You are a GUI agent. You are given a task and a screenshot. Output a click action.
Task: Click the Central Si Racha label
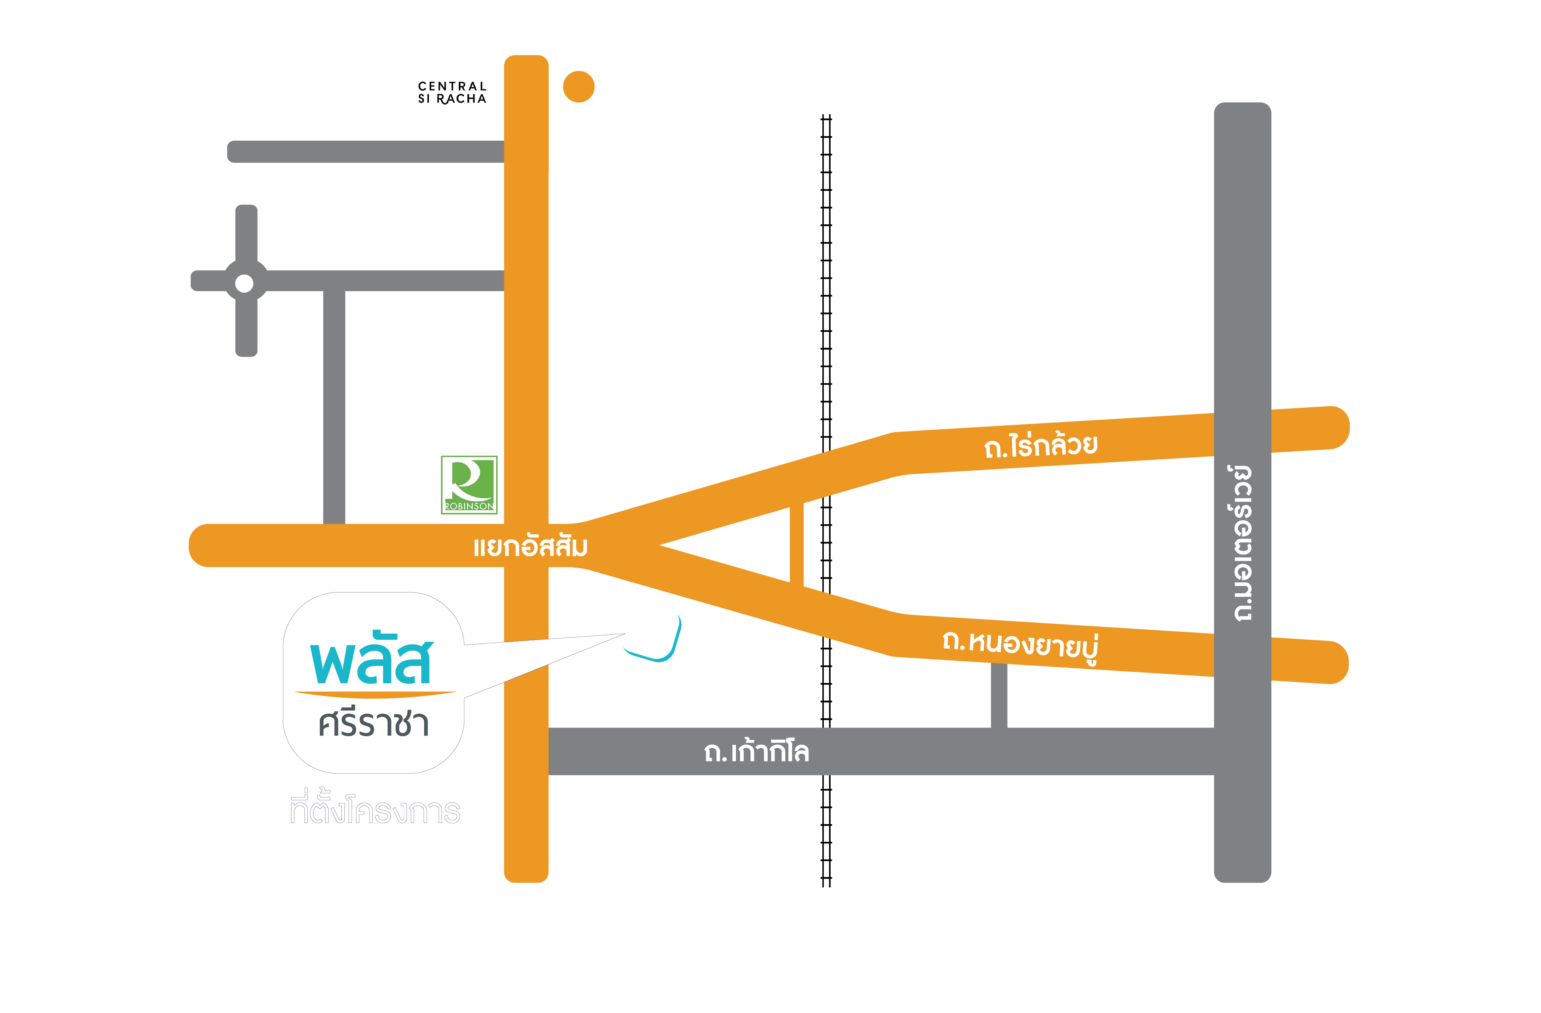(452, 92)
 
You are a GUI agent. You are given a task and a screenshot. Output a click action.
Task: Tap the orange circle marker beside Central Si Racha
(578, 87)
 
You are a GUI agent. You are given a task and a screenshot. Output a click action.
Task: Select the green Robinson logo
(469, 485)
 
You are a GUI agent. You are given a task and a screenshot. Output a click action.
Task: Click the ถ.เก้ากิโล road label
(756, 752)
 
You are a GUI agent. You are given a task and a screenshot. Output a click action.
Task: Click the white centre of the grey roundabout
(244, 284)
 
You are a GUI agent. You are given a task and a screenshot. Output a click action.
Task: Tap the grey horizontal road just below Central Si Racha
(366, 152)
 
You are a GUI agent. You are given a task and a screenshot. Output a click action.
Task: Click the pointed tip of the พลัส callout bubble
(624, 634)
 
